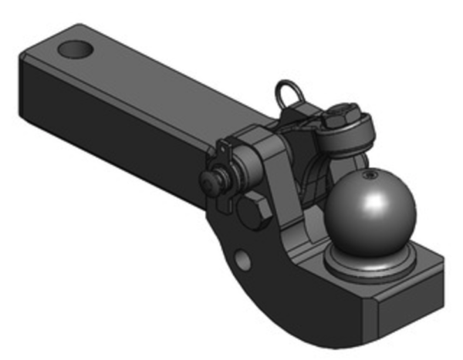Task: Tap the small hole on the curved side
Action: (x=242, y=260)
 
